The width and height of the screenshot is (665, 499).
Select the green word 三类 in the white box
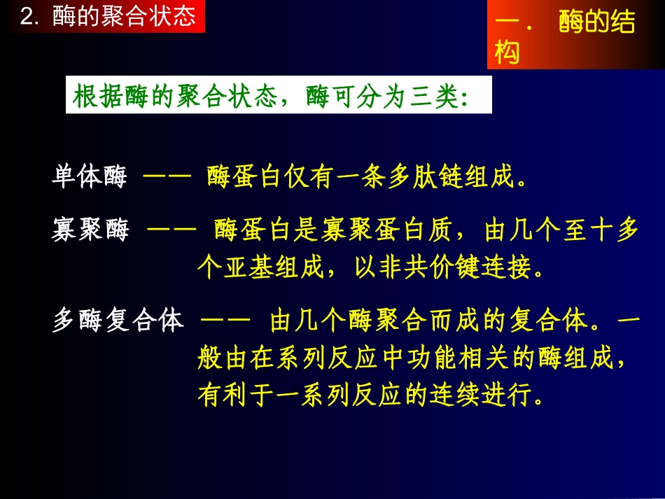pos(432,98)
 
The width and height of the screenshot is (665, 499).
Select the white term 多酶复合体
pos(118,321)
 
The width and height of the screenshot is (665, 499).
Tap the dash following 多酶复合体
pos(225,322)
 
